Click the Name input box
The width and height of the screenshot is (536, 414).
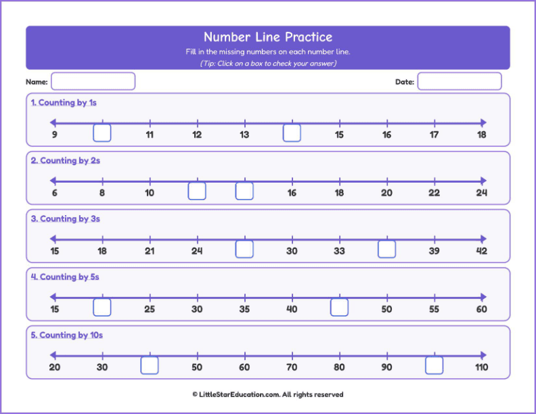point(93,81)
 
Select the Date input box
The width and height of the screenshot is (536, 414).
point(459,81)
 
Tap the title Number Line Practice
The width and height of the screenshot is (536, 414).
point(268,37)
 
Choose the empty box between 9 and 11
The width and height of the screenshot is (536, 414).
point(102,133)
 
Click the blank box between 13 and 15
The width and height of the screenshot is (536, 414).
point(292,133)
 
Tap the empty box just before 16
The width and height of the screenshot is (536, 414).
point(244,191)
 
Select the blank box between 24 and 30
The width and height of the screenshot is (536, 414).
point(244,250)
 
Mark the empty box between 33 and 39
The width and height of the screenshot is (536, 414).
point(386,250)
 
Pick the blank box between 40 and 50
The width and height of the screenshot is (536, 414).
point(339,308)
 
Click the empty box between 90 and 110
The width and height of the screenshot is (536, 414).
point(434,366)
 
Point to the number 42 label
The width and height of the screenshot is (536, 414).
point(481,251)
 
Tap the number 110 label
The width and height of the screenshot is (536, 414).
point(481,367)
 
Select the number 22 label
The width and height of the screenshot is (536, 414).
point(434,193)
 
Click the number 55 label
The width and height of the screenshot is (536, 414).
point(434,309)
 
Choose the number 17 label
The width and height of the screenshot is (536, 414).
point(434,135)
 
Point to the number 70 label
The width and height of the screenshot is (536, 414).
point(292,367)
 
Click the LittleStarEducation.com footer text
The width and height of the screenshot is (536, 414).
point(268,394)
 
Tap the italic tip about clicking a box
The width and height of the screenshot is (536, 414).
point(268,64)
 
